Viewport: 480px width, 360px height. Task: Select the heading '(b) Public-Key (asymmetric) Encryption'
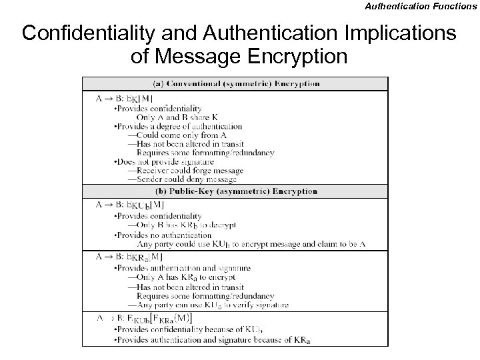click(x=235, y=191)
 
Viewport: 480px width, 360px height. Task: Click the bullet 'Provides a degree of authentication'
click(x=179, y=127)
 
